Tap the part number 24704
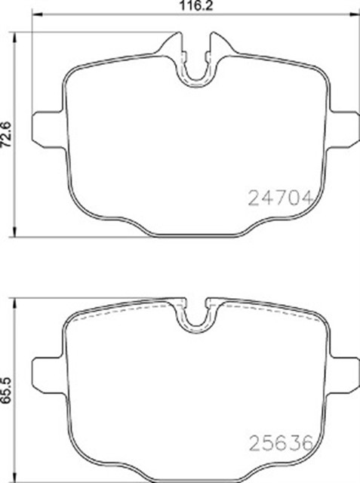[280, 198]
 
